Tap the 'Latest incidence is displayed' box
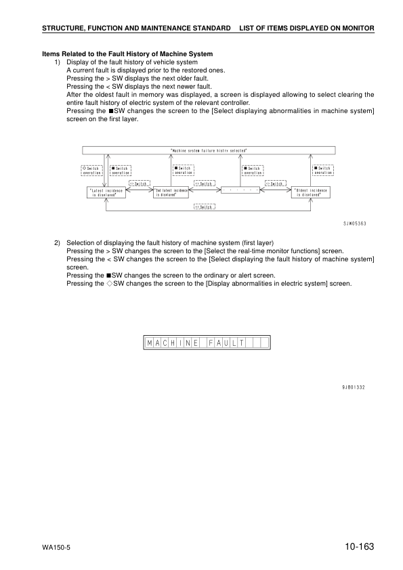[107, 192]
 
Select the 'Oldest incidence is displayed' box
[312, 192]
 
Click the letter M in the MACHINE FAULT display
[149, 343]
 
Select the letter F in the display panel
[202, 343]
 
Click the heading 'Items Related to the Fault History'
[127, 54]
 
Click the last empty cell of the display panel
[263, 343]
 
